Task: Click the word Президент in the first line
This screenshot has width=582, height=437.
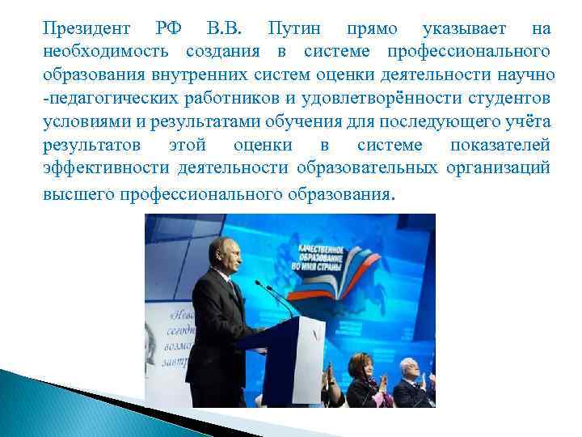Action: (86, 29)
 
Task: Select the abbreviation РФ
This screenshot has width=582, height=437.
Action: (169, 29)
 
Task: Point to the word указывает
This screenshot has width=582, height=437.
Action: (465, 29)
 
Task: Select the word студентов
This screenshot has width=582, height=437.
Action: (509, 99)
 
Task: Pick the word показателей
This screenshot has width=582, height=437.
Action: (501, 146)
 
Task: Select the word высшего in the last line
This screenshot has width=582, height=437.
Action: (78, 194)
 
